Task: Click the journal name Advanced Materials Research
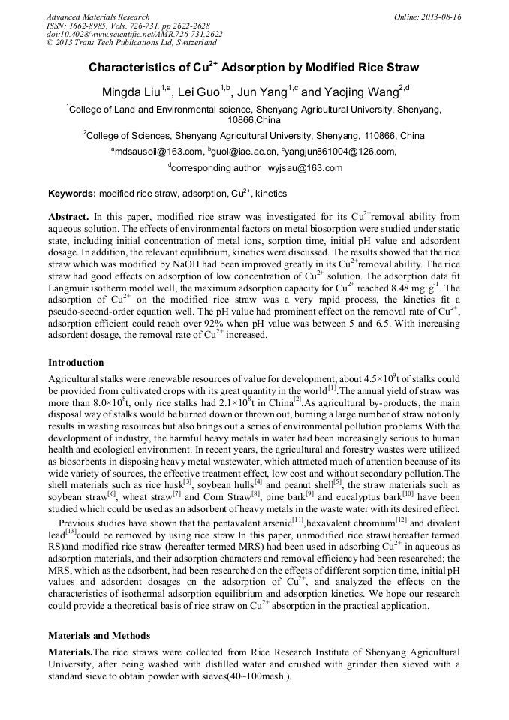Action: point(98,17)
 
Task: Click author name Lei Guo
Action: point(201,92)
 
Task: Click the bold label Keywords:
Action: point(71,194)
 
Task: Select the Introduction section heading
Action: point(76,363)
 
